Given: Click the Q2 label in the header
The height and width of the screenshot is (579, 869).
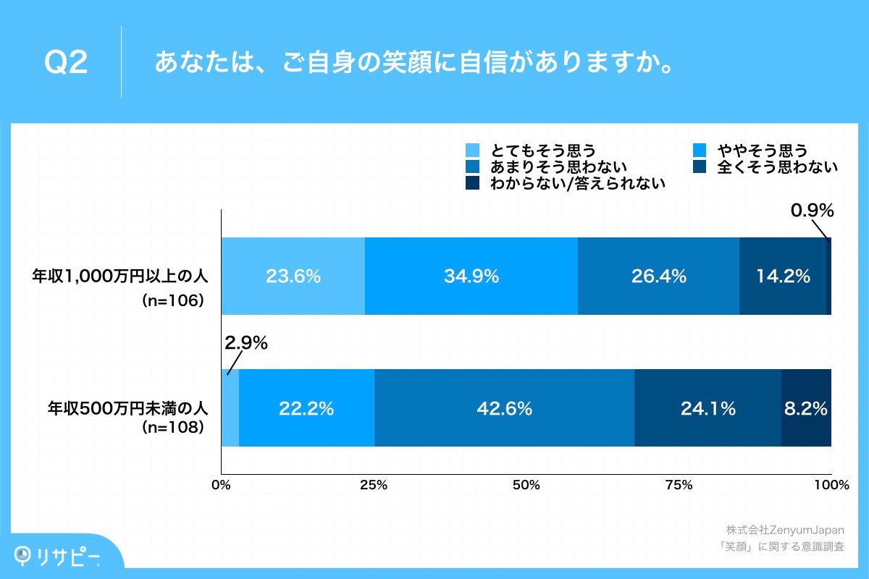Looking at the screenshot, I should (x=66, y=63).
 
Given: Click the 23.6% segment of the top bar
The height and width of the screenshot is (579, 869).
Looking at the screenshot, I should (x=293, y=276).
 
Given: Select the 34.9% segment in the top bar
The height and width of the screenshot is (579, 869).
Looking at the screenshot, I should (x=471, y=276).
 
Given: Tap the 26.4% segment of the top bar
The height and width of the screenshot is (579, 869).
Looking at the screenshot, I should (x=658, y=276).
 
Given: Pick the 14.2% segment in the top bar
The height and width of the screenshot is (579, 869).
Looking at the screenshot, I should (x=782, y=276).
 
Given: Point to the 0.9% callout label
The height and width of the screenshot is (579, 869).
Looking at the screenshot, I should (x=812, y=211).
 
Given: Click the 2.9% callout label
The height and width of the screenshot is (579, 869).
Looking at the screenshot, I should (x=245, y=343).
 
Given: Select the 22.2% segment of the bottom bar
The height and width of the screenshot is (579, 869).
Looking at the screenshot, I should (x=306, y=408).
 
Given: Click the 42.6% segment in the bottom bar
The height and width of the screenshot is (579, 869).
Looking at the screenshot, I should (x=504, y=408).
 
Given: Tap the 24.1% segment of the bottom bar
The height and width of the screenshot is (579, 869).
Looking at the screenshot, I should (x=708, y=408).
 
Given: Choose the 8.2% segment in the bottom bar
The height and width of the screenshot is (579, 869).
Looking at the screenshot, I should (x=806, y=408).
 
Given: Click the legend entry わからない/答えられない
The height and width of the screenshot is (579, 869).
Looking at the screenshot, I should (x=577, y=184).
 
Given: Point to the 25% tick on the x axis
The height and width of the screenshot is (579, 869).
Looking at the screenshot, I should (x=373, y=485).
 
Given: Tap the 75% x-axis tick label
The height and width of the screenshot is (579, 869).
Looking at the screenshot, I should (x=679, y=485).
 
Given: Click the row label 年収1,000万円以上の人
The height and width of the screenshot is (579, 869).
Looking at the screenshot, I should (x=119, y=276).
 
